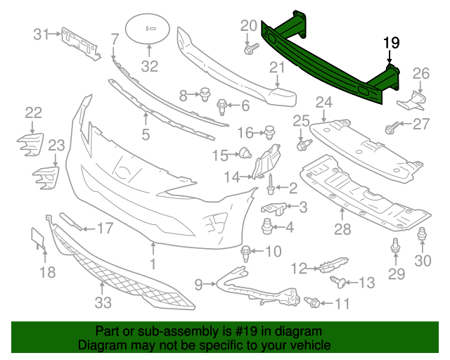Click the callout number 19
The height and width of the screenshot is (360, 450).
click(391, 44)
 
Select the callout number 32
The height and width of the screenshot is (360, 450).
click(150, 67)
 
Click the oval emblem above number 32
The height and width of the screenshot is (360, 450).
click(149, 30)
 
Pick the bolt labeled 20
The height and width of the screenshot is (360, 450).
click(250, 49)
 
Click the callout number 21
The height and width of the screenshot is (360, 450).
click(276, 67)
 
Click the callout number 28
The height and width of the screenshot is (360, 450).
click(342, 229)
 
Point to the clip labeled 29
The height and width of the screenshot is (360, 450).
click(395, 246)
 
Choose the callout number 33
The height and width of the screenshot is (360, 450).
click(103, 302)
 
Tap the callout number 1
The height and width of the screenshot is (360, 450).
click(153, 264)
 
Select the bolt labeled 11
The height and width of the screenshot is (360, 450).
click(314, 302)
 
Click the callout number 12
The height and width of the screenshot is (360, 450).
click(300, 268)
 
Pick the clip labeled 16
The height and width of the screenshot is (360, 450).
click(269, 131)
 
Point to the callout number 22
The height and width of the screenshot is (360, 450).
click(34, 112)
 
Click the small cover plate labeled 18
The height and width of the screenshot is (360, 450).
click(37, 239)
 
